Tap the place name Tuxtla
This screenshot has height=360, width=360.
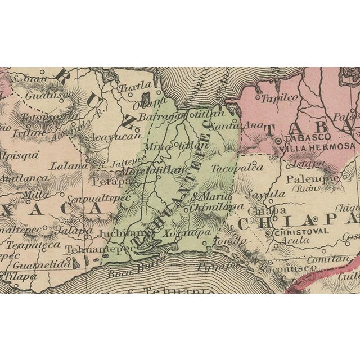tap(135, 87)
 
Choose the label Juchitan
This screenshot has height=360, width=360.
tap(116, 232)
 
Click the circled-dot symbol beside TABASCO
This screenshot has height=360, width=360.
tap(279, 137)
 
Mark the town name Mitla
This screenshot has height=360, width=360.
tap(36, 196)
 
